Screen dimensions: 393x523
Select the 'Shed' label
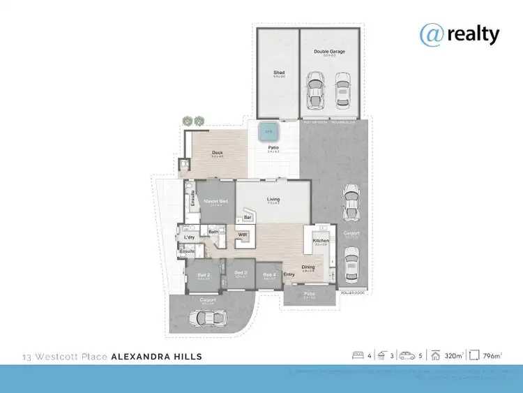click(278, 73)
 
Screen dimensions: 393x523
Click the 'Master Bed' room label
click(213, 201)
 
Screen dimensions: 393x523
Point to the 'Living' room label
click(273, 200)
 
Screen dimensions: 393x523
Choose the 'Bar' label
click(247, 218)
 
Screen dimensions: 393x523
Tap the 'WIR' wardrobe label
click(243, 235)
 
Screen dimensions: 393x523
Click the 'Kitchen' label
click(321, 240)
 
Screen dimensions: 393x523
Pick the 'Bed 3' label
click(240, 273)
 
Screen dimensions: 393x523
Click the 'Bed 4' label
click(268, 274)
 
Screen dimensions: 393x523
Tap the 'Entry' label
click(289, 274)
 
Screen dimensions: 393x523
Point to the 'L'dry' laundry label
click(189, 238)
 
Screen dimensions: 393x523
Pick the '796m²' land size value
click(492, 356)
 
